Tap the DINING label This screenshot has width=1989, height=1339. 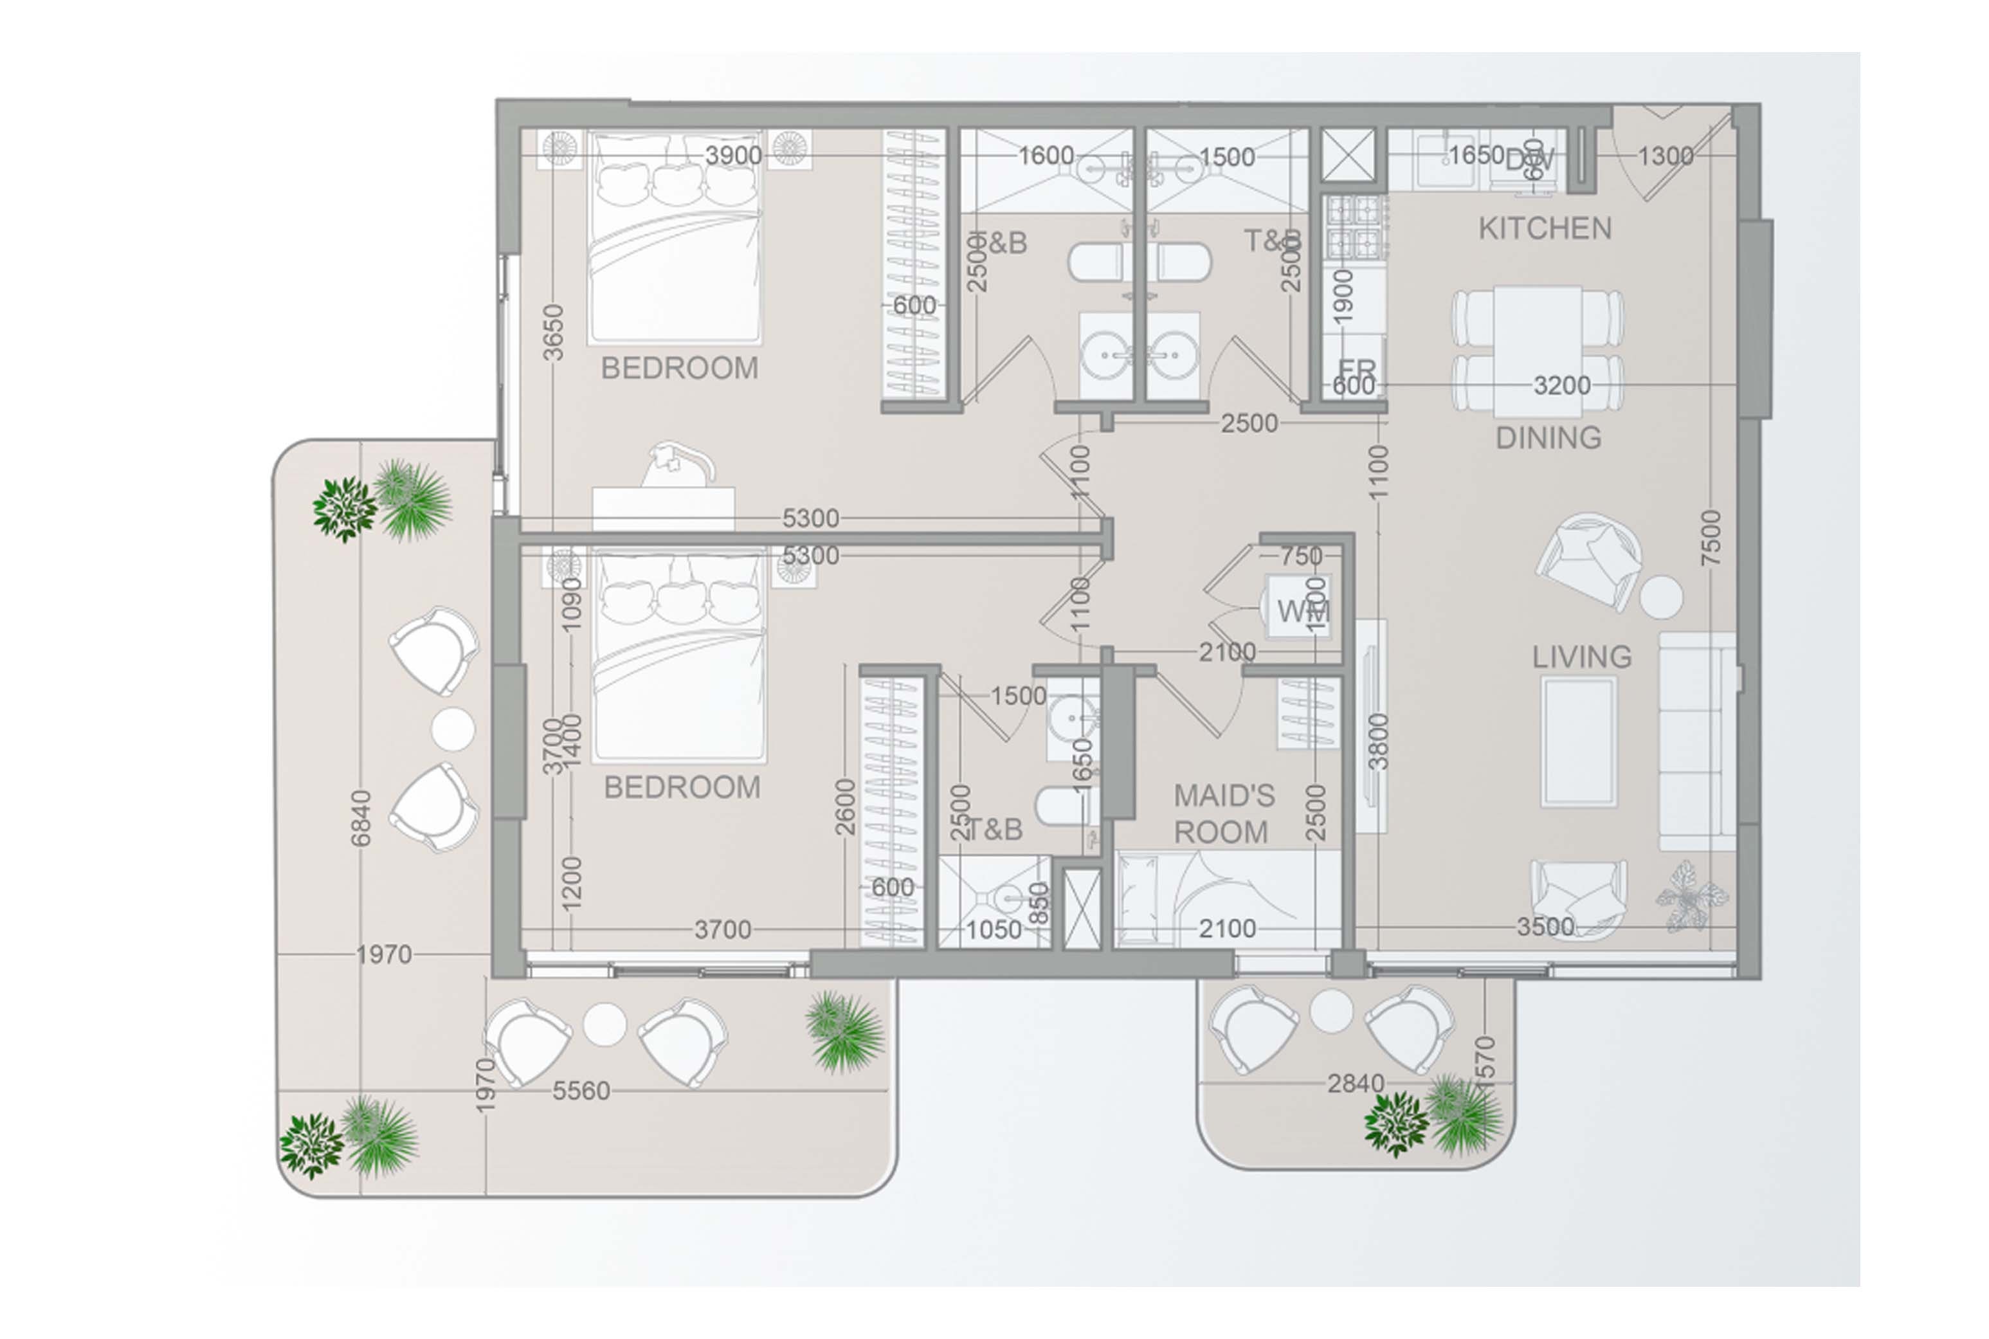coord(1548,438)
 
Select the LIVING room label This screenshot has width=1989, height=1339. coord(1581,657)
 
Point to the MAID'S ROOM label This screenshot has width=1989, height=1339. coord(1222,814)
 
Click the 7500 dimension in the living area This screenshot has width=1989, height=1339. coord(1711,538)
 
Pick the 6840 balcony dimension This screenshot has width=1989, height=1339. coord(361,818)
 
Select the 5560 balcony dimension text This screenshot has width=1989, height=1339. coord(581,1091)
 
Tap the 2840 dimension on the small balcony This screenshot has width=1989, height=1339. coord(1355,1084)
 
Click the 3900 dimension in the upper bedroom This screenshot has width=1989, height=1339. coord(733,156)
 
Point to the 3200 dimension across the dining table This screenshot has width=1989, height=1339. coord(1561,386)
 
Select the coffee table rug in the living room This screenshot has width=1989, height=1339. coord(1578,742)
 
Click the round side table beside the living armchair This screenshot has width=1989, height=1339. coord(1660,597)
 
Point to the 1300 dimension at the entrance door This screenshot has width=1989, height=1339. coord(1665,156)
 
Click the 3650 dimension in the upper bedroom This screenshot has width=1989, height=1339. coord(553,333)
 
